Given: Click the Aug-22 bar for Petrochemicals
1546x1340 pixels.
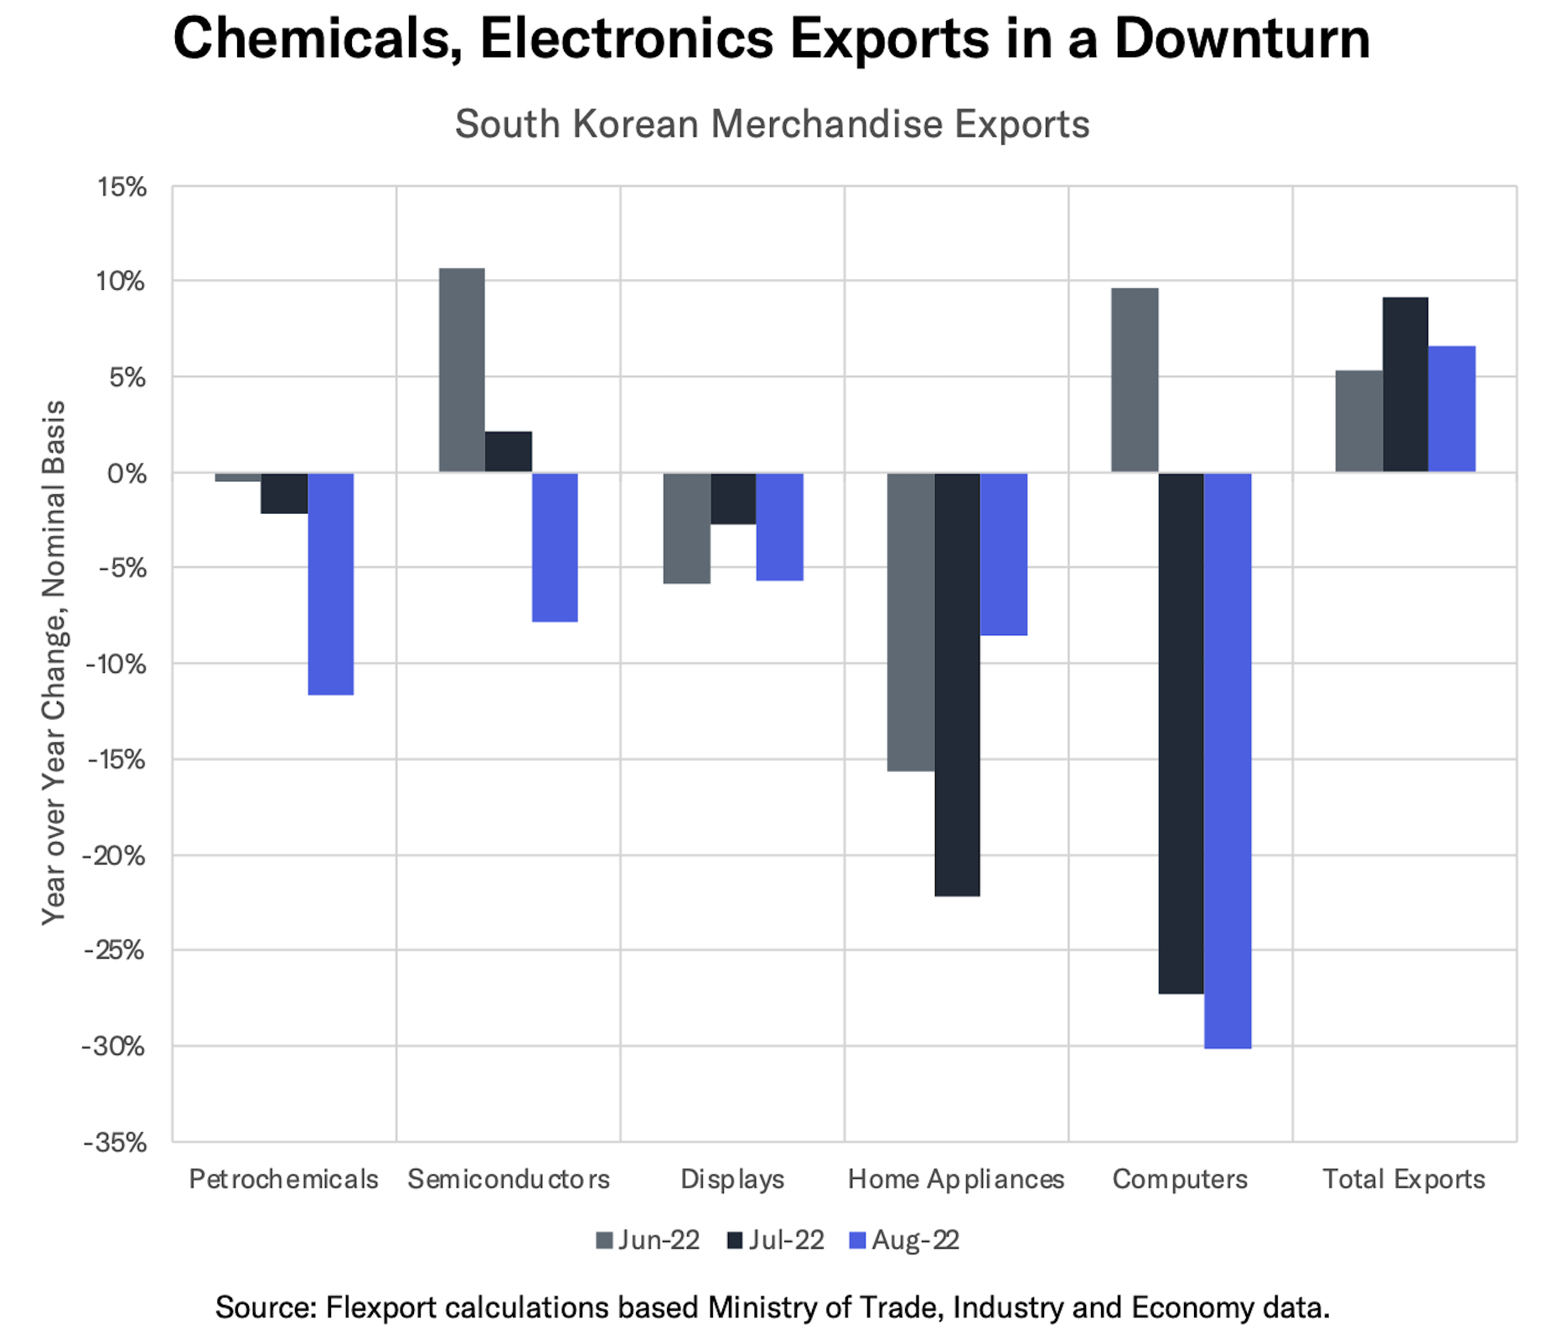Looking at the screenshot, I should [330, 583].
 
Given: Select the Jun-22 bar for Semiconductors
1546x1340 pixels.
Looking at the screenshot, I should [461, 370].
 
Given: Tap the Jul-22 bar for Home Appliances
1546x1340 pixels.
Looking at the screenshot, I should [957, 684].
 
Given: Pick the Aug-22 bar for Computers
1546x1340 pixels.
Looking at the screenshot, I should [1227, 760].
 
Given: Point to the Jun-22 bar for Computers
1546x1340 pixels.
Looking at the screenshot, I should [1135, 380].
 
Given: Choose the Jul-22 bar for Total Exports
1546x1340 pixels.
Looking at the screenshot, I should [1405, 385].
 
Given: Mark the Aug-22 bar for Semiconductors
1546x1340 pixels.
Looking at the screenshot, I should [555, 547].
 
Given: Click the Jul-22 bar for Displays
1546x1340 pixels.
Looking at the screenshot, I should [733, 499].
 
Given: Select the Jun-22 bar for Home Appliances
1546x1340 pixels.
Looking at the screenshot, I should [911, 621].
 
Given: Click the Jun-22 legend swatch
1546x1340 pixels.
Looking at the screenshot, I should [604, 1240].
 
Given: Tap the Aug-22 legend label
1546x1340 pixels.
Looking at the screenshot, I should [915, 1240].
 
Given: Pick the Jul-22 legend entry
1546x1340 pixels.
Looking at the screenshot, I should [775, 1240].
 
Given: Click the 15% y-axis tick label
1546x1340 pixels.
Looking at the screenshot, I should [122, 187].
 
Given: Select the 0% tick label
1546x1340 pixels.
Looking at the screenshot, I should [127, 473].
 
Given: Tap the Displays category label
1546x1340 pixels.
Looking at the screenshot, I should [732, 1179].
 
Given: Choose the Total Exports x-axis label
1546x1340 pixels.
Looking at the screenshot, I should [1404, 1179].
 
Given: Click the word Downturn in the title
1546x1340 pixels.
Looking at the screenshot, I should [1242, 39].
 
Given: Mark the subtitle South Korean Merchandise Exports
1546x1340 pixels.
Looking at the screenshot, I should [772, 124].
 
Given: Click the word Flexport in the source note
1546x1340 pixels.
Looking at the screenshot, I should [381, 1307].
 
